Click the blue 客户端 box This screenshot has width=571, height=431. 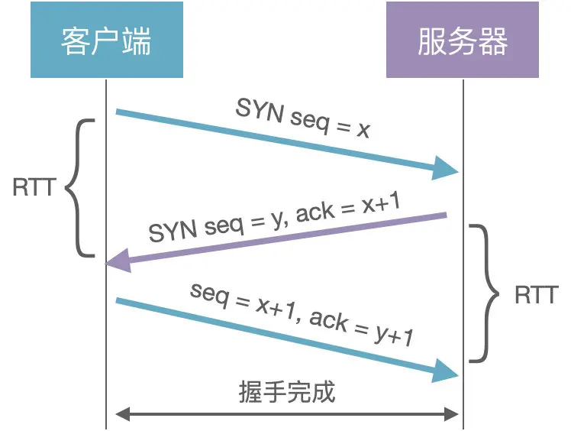click(x=106, y=39)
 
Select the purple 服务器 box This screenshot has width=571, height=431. click(x=463, y=39)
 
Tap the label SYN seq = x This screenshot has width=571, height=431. click(x=303, y=118)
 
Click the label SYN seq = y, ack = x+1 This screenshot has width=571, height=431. click(x=275, y=216)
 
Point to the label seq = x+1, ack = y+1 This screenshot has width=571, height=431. click(x=302, y=313)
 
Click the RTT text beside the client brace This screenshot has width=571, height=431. click(x=33, y=188)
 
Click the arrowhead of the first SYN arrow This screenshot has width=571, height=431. click(x=446, y=168)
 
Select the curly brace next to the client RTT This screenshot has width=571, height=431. click(x=80, y=188)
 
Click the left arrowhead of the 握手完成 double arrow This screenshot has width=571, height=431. click(x=121, y=415)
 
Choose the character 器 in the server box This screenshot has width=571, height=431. click(x=493, y=41)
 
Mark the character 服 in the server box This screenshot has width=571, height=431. click(x=432, y=41)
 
